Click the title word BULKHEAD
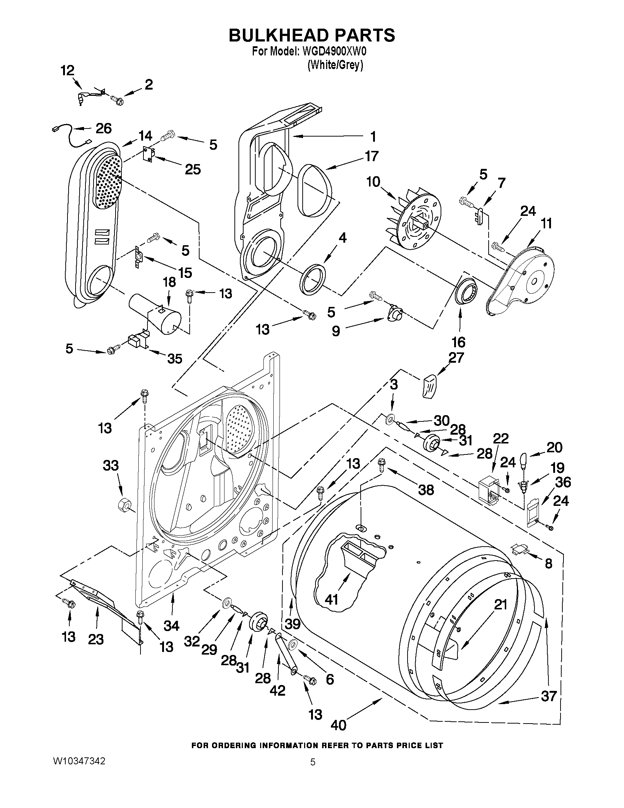[x=278, y=35]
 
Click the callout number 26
[x=103, y=128]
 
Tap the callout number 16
[x=459, y=342]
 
